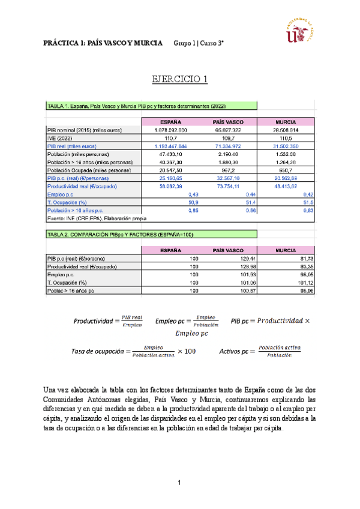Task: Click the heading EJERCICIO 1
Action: coord(179,79)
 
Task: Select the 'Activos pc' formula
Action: coord(259,351)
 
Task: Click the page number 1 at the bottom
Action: coord(179,483)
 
